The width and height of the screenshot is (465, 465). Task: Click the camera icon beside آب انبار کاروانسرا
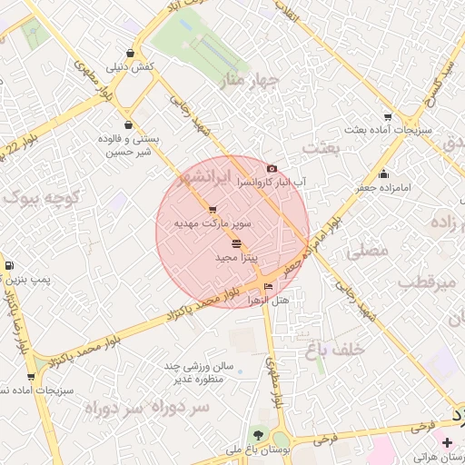[x=272, y=169]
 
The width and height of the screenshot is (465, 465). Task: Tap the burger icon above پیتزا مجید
[x=237, y=243]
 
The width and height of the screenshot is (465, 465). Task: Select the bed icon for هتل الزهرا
[x=267, y=287]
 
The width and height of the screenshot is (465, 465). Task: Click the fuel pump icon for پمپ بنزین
[x=9, y=265]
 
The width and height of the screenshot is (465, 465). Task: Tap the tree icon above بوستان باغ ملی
[x=260, y=435]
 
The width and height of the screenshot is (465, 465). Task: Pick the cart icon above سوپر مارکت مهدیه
[x=213, y=209]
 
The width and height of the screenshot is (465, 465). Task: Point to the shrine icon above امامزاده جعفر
[x=385, y=174]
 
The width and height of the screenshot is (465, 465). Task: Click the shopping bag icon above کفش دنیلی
[x=133, y=53]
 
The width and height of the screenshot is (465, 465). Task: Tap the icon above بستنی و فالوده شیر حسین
[x=127, y=124]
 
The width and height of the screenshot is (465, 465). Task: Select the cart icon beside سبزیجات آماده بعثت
[x=389, y=116]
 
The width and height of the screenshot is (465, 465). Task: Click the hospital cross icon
[x=446, y=442]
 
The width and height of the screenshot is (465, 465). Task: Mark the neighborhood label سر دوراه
[x=146, y=407]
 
